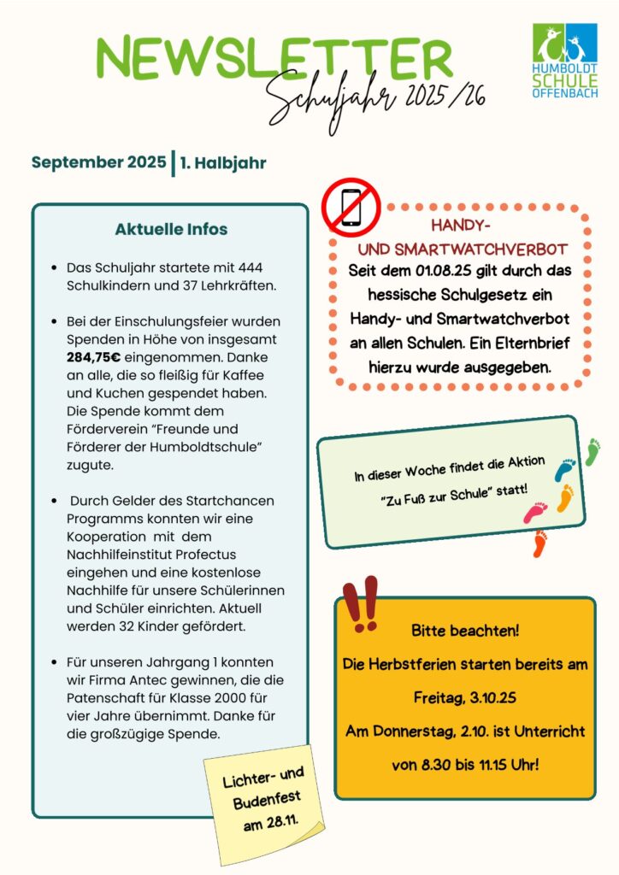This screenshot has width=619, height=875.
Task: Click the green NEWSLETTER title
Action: click(274, 58)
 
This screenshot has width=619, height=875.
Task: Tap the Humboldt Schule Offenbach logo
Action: click(564, 60)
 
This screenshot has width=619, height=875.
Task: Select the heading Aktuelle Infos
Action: click(171, 230)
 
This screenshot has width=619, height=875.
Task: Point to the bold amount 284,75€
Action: click(96, 358)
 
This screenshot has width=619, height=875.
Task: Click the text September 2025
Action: click(99, 162)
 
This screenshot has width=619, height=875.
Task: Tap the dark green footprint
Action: click(592, 451)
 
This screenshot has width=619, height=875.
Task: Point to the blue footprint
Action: click(565, 469)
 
